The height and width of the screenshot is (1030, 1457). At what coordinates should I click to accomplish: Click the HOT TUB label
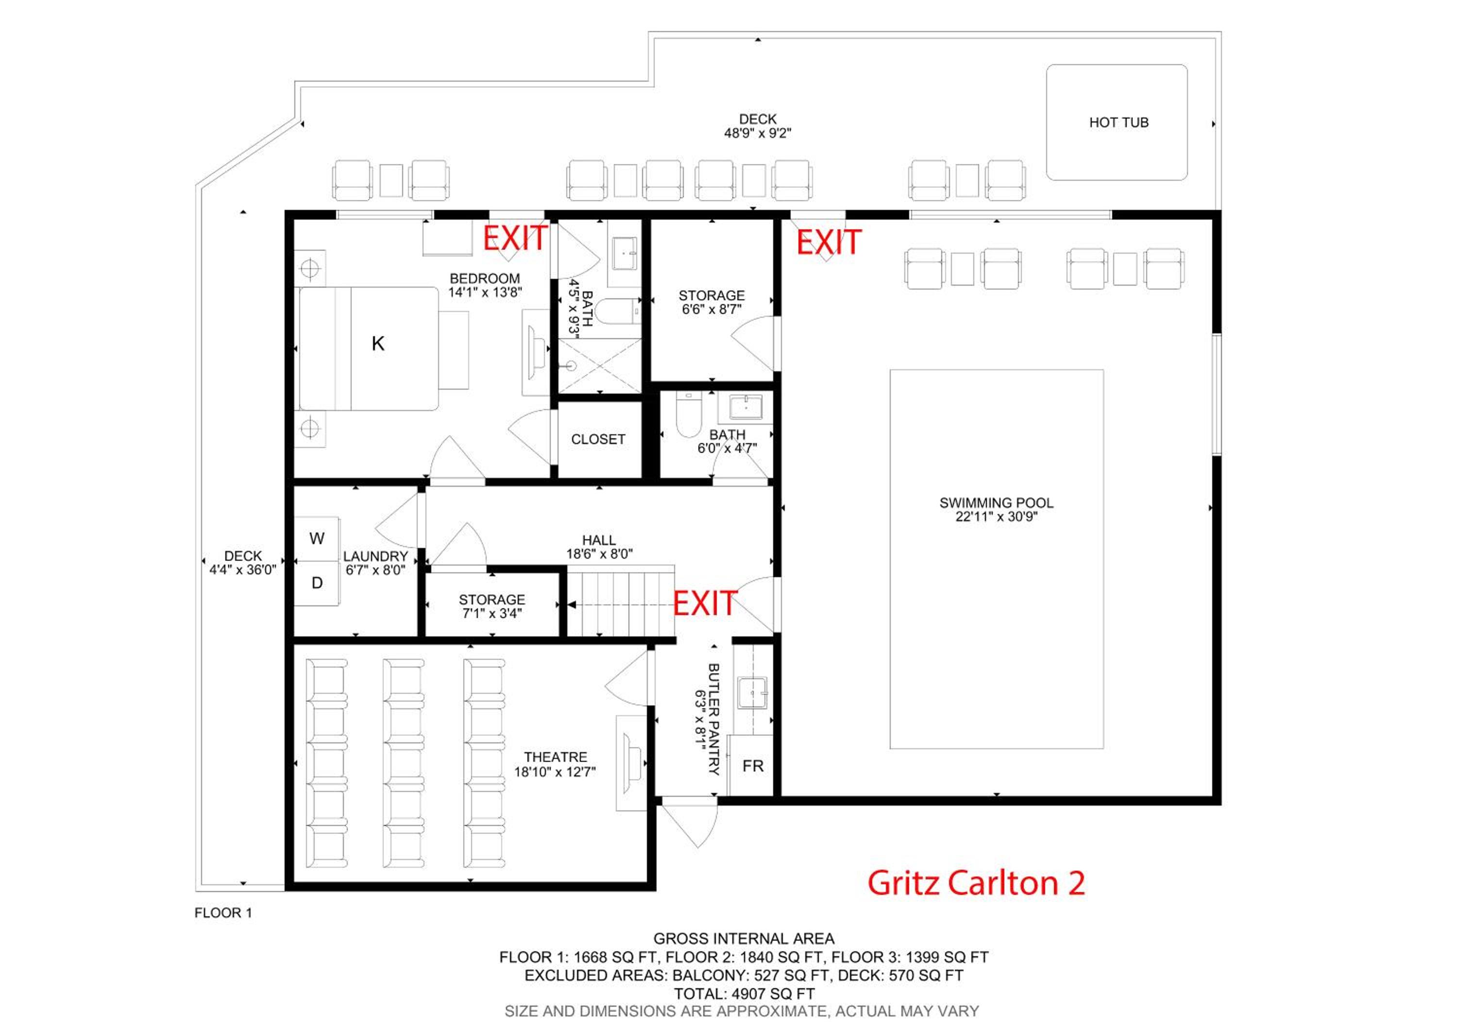tap(1119, 122)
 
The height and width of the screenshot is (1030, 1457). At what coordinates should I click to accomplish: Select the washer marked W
tap(317, 539)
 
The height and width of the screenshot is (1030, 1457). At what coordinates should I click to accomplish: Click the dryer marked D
tap(317, 583)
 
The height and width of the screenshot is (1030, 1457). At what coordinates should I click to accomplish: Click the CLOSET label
tap(598, 439)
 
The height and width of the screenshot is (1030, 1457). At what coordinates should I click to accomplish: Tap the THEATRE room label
tap(555, 757)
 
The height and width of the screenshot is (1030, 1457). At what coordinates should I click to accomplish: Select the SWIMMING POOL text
tap(996, 503)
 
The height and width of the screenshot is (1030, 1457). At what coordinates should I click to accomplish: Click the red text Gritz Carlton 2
tap(976, 883)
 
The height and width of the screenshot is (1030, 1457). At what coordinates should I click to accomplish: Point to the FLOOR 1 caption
tap(223, 912)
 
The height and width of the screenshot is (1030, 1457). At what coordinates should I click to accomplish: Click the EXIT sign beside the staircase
tap(704, 603)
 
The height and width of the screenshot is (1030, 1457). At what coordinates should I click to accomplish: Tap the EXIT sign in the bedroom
tap(515, 238)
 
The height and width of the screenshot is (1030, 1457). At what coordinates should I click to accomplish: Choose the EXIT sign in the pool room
tap(829, 242)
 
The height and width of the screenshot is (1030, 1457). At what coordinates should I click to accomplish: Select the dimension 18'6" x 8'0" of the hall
tap(599, 554)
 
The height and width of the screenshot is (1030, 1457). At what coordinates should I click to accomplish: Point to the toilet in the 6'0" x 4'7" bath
tap(688, 414)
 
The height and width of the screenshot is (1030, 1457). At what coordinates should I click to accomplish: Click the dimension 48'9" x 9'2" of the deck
tap(758, 133)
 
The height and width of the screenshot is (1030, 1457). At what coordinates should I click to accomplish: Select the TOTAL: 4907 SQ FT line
tap(744, 993)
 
